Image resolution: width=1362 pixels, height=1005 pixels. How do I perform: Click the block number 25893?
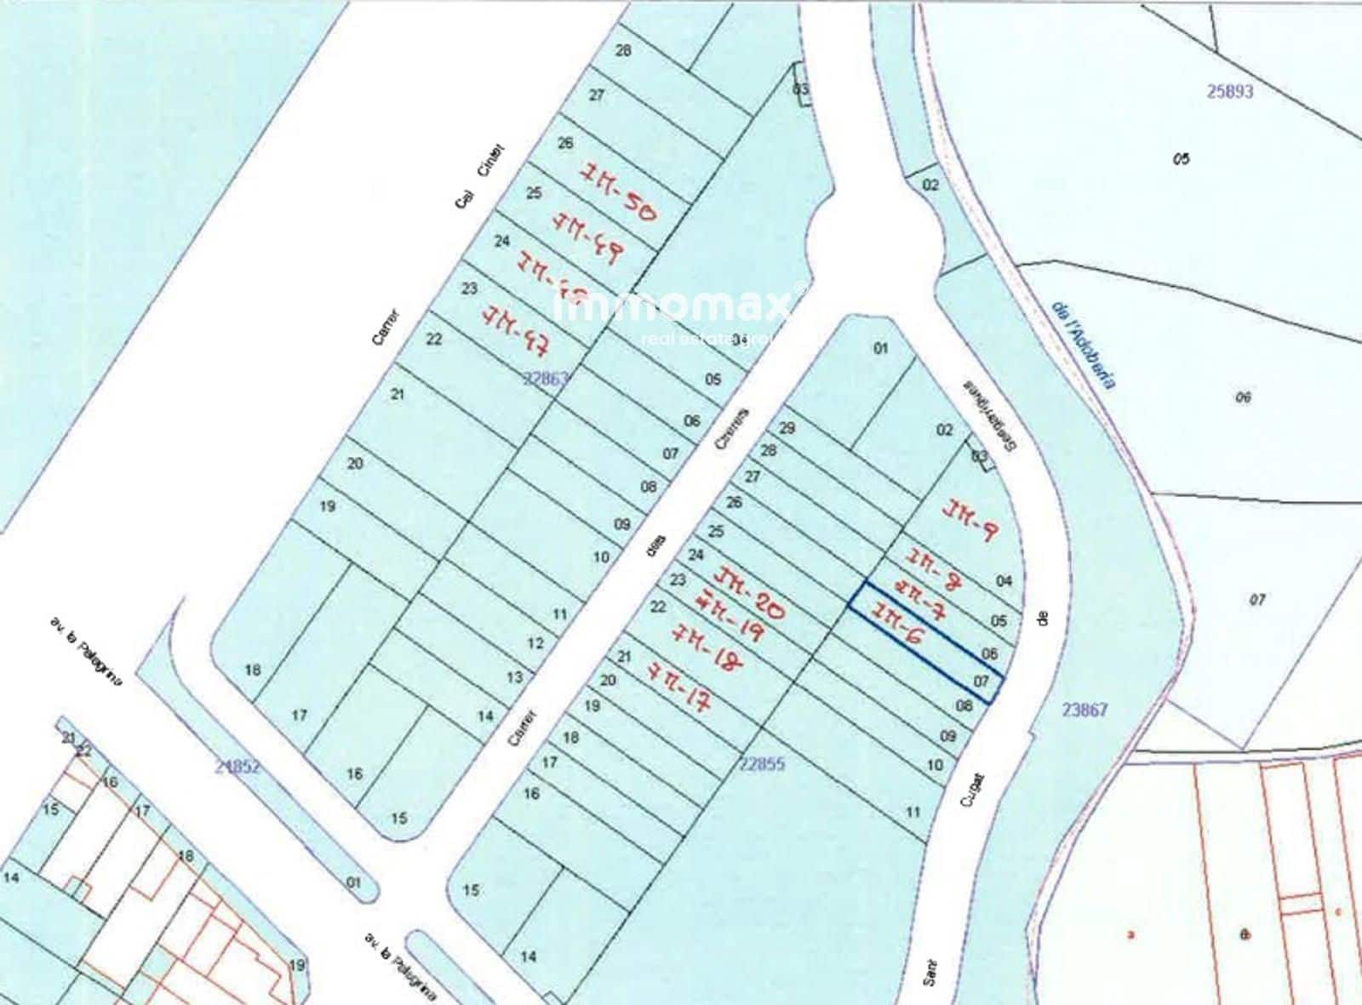pos(1230,91)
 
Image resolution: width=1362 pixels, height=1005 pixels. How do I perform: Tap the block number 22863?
pos(545,379)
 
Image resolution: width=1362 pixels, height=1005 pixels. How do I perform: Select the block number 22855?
pos(762,764)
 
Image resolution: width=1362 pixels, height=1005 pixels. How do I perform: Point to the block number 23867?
pos(1084,709)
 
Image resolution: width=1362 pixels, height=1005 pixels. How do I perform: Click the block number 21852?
pos(237,767)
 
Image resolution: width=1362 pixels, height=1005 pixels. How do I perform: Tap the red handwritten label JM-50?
pos(618,193)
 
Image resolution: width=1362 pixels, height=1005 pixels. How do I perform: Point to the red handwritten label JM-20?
pos(751,594)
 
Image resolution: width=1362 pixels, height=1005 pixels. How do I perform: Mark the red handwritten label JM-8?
pos(934,568)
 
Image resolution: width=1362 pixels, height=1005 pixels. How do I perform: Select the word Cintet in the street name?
pos(491,163)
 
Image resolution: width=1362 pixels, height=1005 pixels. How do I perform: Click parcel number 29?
pos(787,427)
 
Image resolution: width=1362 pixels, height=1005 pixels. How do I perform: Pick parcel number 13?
pos(515,677)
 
